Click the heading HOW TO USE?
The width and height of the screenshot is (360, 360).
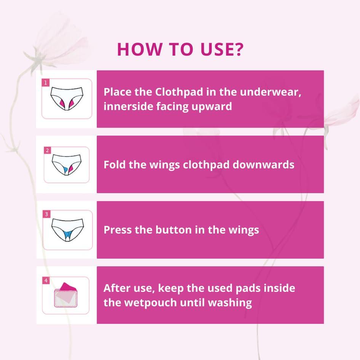point(180,50)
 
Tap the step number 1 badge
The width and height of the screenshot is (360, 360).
point(46,82)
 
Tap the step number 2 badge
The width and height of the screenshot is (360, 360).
point(47,150)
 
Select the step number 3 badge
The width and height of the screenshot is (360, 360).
point(46,214)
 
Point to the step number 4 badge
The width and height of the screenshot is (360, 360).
point(46,281)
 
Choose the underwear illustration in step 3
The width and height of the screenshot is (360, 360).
point(67,229)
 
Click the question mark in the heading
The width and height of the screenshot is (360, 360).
point(238,50)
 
